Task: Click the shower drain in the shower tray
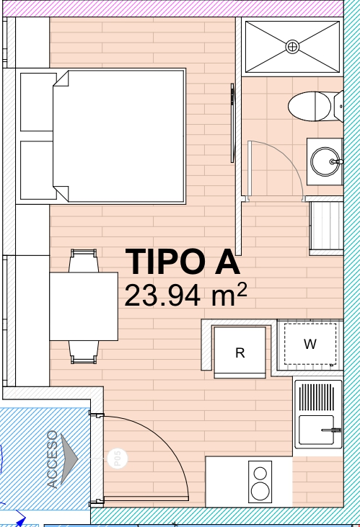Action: [292, 46]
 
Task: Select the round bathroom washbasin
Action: [325, 161]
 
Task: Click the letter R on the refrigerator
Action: [240, 353]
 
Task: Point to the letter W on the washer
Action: [310, 343]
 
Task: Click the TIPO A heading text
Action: [183, 262]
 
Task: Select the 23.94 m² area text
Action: [185, 295]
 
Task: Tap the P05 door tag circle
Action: [117, 458]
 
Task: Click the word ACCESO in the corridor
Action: [53, 459]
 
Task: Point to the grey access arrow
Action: [69, 458]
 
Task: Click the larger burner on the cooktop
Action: [260, 491]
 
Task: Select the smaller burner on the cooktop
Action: [260, 473]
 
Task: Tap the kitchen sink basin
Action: [316, 430]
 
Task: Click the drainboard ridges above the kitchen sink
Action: [317, 397]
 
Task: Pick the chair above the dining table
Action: [84, 261]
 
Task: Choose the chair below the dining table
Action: [84, 352]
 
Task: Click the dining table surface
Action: [84, 306]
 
